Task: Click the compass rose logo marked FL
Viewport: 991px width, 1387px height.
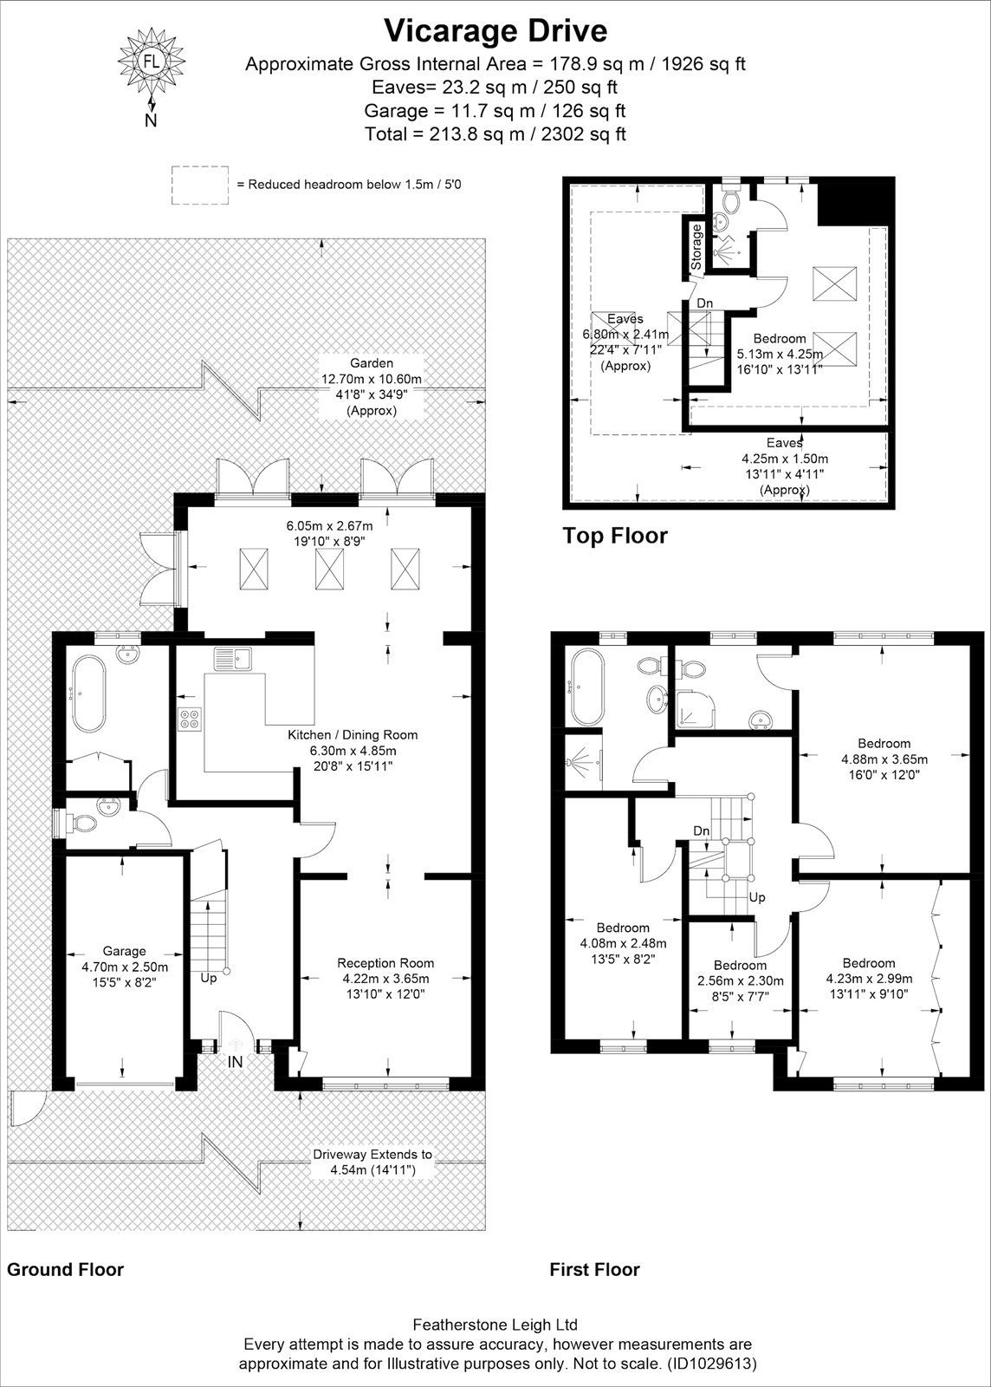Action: [151, 62]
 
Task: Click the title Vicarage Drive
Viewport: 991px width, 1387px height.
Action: [496, 31]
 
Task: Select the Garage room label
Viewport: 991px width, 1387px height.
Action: [125, 950]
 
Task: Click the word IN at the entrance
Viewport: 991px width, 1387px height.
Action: [236, 1062]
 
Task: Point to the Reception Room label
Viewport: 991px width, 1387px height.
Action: [385, 963]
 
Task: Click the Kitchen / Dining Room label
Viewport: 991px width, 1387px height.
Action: [353, 735]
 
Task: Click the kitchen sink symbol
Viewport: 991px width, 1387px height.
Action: [232, 659]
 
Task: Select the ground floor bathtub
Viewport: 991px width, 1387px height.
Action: [89, 694]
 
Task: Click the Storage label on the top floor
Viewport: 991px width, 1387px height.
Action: [696, 246]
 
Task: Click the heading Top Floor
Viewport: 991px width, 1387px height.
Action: [615, 536]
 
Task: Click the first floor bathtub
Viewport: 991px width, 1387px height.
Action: [585, 687]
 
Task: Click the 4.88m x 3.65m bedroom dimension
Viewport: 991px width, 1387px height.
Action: [884, 759]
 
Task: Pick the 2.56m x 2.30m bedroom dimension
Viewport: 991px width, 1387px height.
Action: [741, 980]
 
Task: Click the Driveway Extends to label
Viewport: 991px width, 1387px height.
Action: [372, 1154]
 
